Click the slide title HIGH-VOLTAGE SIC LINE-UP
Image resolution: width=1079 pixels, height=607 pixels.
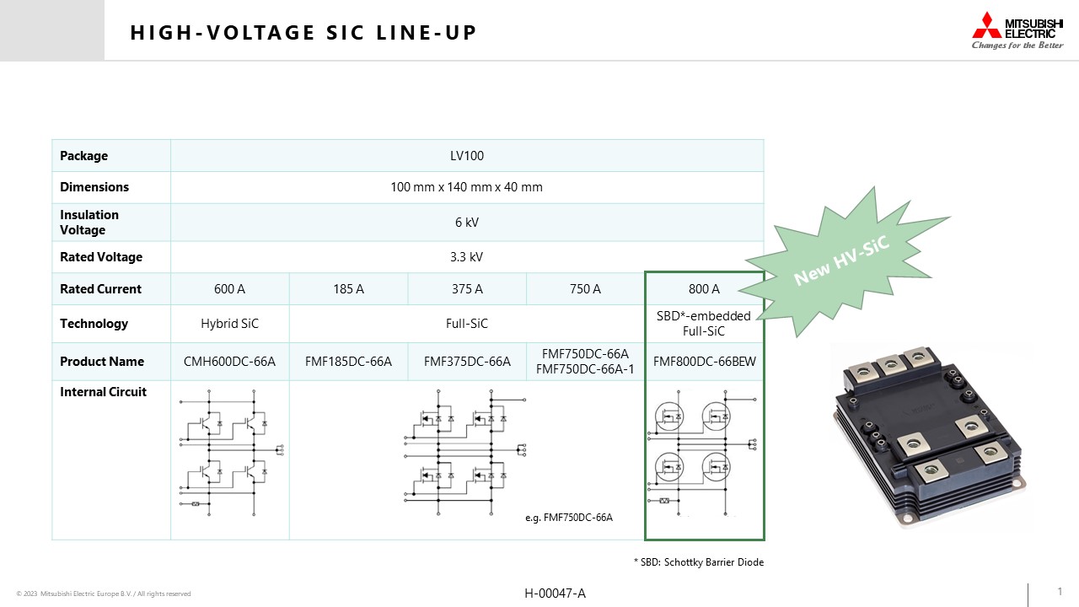(303, 33)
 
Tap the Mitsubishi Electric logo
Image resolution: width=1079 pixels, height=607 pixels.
(1017, 30)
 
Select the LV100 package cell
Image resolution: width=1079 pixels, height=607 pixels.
(467, 156)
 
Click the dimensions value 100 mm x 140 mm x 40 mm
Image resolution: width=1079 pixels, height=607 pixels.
(466, 187)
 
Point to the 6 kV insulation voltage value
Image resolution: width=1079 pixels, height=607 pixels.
(467, 222)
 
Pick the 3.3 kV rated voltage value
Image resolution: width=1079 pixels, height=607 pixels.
(466, 257)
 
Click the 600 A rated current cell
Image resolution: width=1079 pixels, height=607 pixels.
(229, 289)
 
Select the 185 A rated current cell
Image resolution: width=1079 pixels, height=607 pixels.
(348, 289)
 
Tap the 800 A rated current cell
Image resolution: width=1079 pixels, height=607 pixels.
(704, 289)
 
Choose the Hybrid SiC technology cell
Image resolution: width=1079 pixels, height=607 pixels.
(229, 323)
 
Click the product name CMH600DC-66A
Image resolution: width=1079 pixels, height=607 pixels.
(229, 362)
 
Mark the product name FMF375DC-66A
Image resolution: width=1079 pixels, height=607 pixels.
(467, 362)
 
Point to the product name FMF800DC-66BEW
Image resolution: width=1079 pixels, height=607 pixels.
(704, 362)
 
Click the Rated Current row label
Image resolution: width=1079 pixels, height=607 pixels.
(100, 289)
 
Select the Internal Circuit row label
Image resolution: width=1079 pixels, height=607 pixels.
(103, 392)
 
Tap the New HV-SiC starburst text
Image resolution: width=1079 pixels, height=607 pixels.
(841, 261)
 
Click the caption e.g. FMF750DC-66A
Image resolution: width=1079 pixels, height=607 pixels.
(569, 518)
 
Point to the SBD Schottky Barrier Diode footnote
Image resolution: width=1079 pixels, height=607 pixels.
(699, 562)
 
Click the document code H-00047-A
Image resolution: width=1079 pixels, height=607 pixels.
(555, 594)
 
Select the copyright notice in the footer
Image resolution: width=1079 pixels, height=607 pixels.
(104, 594)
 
